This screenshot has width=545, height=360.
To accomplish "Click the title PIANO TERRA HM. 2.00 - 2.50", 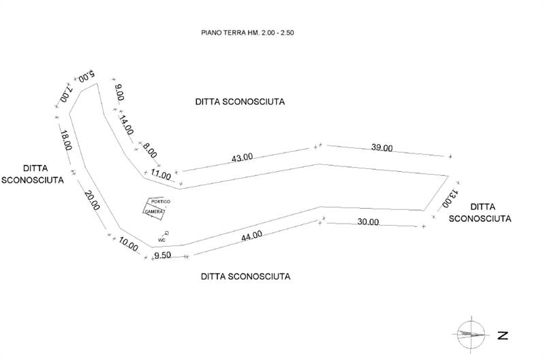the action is (x=247, y=33).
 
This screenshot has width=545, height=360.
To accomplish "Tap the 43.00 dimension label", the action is (x=243, y=157).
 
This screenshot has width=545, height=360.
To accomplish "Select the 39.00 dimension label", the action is (x=381, y=147).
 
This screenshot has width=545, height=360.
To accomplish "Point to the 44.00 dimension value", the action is (x=251, y=236).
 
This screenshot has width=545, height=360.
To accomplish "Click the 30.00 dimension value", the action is (x=368, y=222).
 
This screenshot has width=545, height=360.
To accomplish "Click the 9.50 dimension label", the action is (x=162, y=255).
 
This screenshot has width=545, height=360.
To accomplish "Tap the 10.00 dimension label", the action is (x=128, y=244).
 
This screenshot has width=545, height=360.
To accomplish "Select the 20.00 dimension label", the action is (x=92, y=200).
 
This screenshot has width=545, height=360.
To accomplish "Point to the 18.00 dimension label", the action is (x=65, y=140).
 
